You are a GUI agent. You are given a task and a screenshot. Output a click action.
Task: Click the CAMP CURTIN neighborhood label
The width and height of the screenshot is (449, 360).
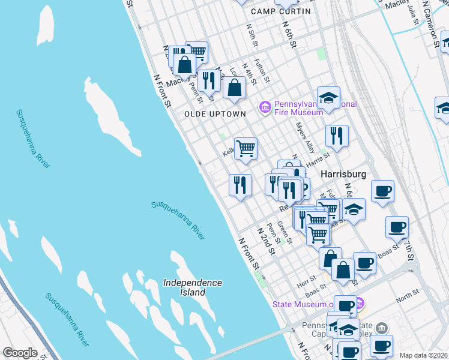point(281,11)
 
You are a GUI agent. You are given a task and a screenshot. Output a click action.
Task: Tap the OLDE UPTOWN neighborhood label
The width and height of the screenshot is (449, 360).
point(215,113)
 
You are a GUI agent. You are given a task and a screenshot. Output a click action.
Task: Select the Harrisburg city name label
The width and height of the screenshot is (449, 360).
point(344,173)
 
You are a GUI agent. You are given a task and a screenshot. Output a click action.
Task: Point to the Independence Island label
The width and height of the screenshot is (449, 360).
point(193,287)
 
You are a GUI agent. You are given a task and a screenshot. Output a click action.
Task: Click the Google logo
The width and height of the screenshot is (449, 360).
point(20,353)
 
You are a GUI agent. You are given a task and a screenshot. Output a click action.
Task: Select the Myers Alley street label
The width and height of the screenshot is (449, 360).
point(306,137)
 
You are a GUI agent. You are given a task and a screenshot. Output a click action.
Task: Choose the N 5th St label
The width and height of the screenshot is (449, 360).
point(253,35)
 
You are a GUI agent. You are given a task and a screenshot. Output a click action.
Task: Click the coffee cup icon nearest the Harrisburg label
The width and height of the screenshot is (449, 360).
point(382,192)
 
